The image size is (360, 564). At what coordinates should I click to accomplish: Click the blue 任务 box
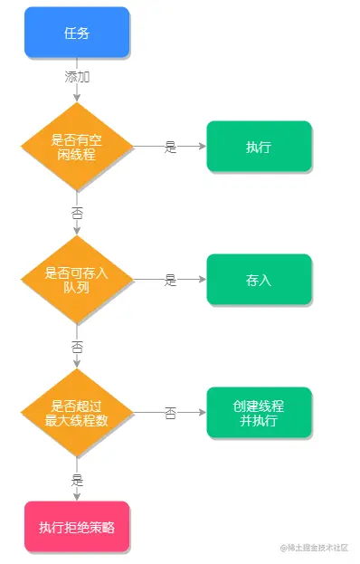77,33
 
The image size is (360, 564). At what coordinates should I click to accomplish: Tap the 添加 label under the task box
77,77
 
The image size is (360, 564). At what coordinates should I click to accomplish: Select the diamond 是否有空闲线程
77,147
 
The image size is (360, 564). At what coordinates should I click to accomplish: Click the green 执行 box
259,147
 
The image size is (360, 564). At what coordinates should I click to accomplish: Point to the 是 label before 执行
170,147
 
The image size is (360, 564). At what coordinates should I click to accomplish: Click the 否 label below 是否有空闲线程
77,214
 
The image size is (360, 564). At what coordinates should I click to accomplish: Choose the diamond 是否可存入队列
77,280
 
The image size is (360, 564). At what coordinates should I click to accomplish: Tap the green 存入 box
259,280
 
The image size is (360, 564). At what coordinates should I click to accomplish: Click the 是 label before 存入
170,280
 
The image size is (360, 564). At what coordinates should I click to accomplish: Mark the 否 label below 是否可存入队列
77,347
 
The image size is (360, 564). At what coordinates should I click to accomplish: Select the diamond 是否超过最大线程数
77,413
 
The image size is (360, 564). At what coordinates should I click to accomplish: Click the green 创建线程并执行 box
259,413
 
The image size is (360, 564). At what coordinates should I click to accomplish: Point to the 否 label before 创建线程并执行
170,413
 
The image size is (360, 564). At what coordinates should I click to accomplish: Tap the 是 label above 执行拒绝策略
77,480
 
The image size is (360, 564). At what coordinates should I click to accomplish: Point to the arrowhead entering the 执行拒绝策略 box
77,497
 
